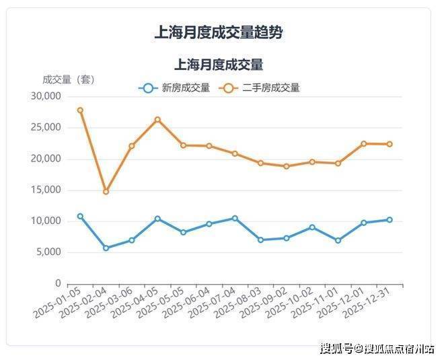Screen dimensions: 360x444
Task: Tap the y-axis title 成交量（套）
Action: (69, 79)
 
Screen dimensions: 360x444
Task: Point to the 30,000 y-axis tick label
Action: (46, 96)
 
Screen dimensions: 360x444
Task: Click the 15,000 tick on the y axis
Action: (46, 190)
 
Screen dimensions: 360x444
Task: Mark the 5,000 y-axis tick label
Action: (49, 252)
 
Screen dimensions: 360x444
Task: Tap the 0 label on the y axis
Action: (58, 283)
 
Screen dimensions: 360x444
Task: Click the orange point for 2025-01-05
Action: (80, 110)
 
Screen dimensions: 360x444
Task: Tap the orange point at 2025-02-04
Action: (106, 192)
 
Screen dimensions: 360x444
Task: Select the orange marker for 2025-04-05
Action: (157, 120)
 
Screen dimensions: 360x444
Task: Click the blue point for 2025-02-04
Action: (106, 248)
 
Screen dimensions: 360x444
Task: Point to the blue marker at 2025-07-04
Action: (235, 218)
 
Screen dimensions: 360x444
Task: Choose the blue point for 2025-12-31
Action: (390, 220)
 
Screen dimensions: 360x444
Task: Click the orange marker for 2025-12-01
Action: (364, 143)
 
